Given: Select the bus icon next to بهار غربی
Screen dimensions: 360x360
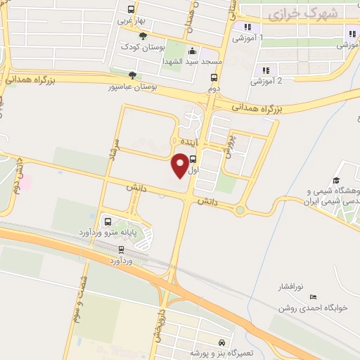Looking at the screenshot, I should (131, 10).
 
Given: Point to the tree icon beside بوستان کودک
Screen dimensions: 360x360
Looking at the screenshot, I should (143, 36).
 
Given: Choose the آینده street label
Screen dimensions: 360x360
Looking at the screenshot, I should (191, 142).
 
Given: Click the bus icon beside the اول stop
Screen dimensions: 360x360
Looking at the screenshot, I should (193, 159).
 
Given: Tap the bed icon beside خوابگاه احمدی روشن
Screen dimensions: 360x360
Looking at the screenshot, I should (313, 297).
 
